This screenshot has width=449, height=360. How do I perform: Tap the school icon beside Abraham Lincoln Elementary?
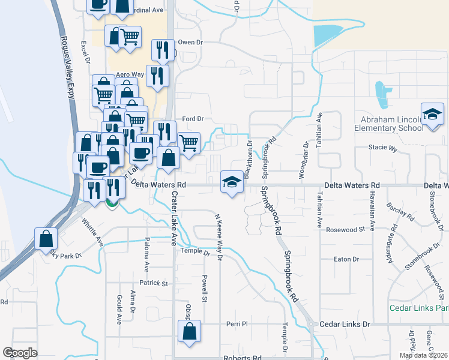(x=432, y=114)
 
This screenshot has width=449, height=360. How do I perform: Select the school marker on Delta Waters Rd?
(x=232, y=181)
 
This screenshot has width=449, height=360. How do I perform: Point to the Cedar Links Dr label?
(x=345, y=324)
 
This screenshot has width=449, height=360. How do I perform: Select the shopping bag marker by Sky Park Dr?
(x=46, y=238)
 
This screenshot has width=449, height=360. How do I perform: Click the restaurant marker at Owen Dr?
(x=162, y=50)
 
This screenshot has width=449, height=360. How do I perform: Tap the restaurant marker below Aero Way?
(x=157, y=76)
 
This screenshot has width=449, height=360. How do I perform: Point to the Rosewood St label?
(x=345, y=230)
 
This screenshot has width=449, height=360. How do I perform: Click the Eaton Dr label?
(x=347, y=259)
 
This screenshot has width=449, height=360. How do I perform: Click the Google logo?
(x=20, y=353)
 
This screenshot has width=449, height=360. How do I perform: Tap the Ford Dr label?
(x=193, y=119)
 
